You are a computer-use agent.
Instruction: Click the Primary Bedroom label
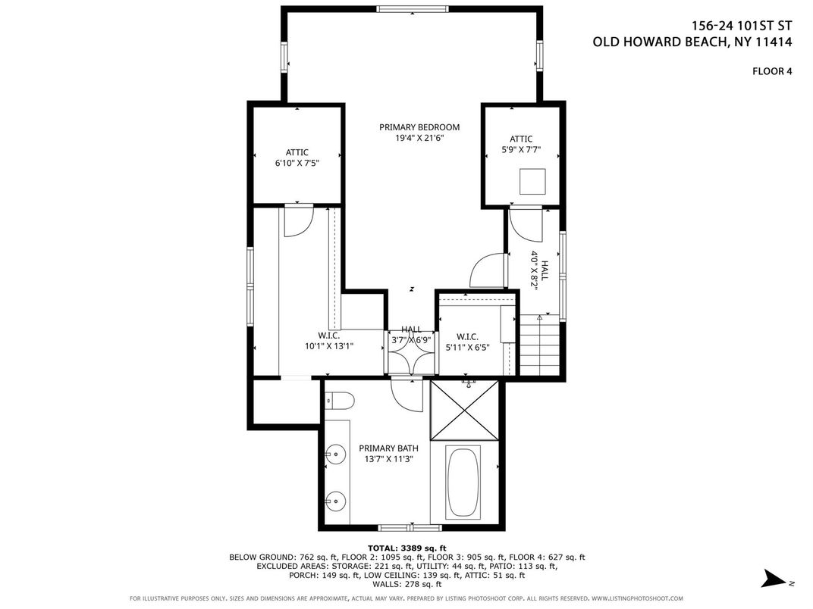[419, 127]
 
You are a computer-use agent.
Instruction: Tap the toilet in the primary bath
[339, 401]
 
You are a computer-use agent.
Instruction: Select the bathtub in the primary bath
[463, 482]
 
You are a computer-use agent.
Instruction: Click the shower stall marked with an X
[465, 410]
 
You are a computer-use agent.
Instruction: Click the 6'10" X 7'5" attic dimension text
[297, 163]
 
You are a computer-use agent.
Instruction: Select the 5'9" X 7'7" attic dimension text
[520, 150]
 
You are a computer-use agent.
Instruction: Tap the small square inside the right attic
[532, 181]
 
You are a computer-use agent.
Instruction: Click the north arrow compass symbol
[776, 579]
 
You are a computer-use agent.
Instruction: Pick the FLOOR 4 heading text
[772, 71]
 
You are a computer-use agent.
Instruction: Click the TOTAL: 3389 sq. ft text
[406, 548]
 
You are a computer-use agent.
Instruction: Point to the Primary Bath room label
[388, 448]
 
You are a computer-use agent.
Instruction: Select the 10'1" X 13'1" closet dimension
[328, 346]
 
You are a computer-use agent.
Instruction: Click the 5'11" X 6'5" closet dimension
[467, 348]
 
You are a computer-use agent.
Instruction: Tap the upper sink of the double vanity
[336, 454]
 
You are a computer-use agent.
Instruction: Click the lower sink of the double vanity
[336, 501]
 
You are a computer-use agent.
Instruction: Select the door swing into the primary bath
[407, 395]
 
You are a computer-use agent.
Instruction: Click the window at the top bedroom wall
[412, 9]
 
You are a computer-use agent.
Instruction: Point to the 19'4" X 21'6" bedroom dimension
[419, 139]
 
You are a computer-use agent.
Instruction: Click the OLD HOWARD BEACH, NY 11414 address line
[692, 42]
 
